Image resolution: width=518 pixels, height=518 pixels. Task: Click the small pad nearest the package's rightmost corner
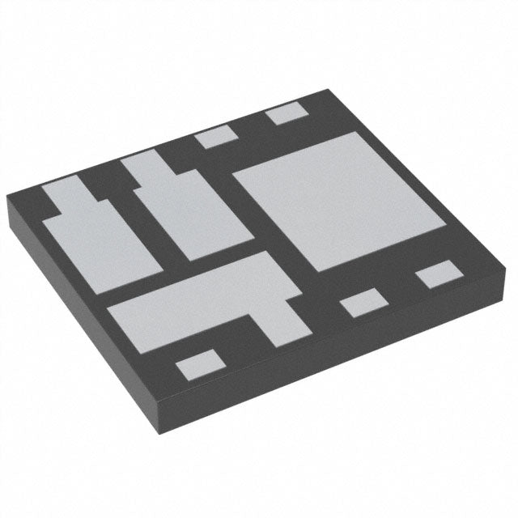(x=437, y=274)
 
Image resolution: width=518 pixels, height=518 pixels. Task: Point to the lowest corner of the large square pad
(x=321, y=270)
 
